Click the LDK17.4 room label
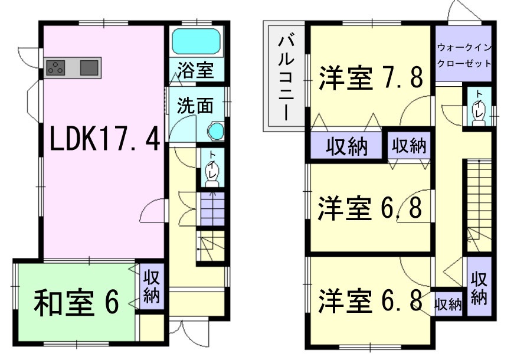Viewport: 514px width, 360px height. pyautogui.click(x=104, y=140)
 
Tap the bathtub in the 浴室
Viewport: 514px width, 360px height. pyautogui.click(x=197, y=41)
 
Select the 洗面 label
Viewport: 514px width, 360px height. pyautogui.click(x=195, y=106)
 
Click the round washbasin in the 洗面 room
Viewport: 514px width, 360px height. pyautogui.click(x=216, y=131)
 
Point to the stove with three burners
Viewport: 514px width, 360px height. pyautogui.click(x=55, y=68)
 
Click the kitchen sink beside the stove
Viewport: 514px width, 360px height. pyautogui.click(x=89, y=68)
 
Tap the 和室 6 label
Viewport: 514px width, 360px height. pyautogui.click(x=76, y=303)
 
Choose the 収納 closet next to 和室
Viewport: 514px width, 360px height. pyautogui.click(x=152, y=286)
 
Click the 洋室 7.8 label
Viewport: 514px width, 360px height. pyautogui.click(x=371, y=78)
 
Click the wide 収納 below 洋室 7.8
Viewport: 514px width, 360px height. pyautogui.click(x=346, y=145)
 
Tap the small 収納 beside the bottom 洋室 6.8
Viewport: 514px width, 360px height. pyautogui.click(x=448, y=305)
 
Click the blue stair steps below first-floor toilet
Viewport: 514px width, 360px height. pyautogui.click(x=212, y=209)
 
